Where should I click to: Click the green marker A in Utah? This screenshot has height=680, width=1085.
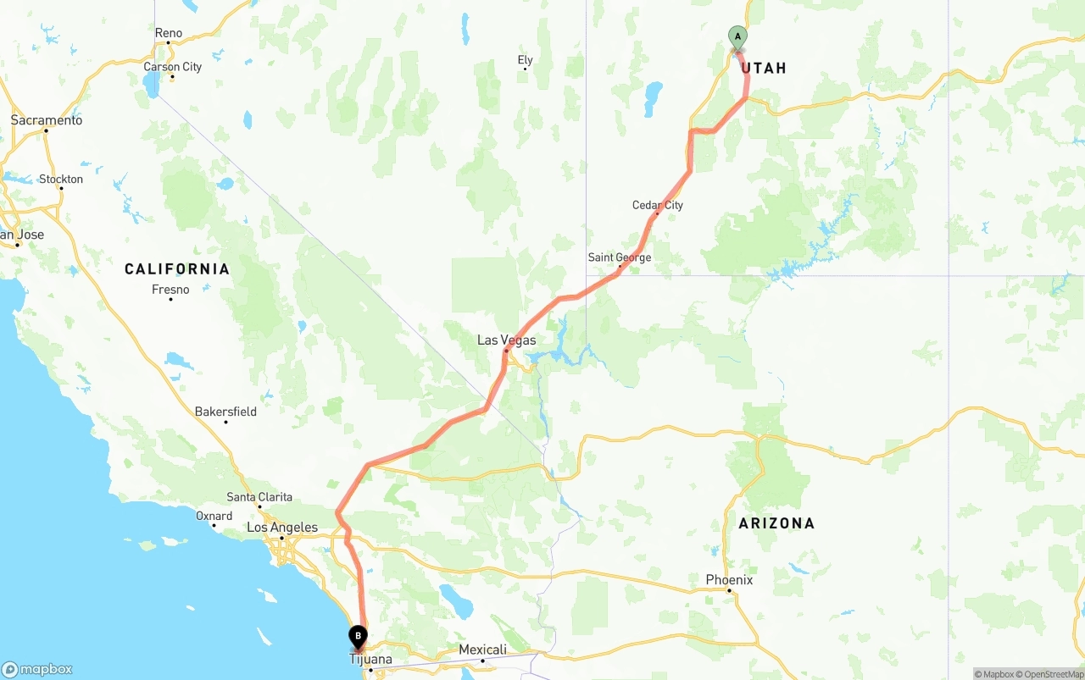click(x=737, y=37)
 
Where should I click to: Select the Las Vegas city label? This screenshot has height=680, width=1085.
click(x=507, y=340)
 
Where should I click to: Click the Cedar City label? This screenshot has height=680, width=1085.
click(x=658, y=205)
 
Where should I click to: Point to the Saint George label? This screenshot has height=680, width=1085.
click(x=620, y=257)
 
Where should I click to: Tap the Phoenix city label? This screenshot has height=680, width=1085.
click(x=729, y=580)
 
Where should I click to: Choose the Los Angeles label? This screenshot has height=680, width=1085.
click(x=282, y=528)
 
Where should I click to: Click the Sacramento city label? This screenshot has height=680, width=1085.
click(x=47, y=120)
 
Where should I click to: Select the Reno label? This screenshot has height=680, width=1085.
click(x=169, y=33)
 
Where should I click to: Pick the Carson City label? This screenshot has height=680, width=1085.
click(x=172, y=67)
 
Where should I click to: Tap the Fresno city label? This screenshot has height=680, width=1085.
click(x=170, y=290)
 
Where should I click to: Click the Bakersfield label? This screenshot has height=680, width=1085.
click(x=225, y=412)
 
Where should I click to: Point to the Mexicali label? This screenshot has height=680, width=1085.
click(x=482, y=650)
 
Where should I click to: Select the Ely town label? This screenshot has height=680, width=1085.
click(x=526, y=60)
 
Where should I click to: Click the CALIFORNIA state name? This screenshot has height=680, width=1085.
click(x=177, y=269)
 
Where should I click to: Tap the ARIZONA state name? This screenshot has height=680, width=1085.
click(x=776, y=523)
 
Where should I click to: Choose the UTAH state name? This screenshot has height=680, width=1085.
click(x=764, y=68)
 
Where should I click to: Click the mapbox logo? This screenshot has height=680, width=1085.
click(x=37, y=669)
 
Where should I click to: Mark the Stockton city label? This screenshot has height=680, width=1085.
click(x=61, y=179)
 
